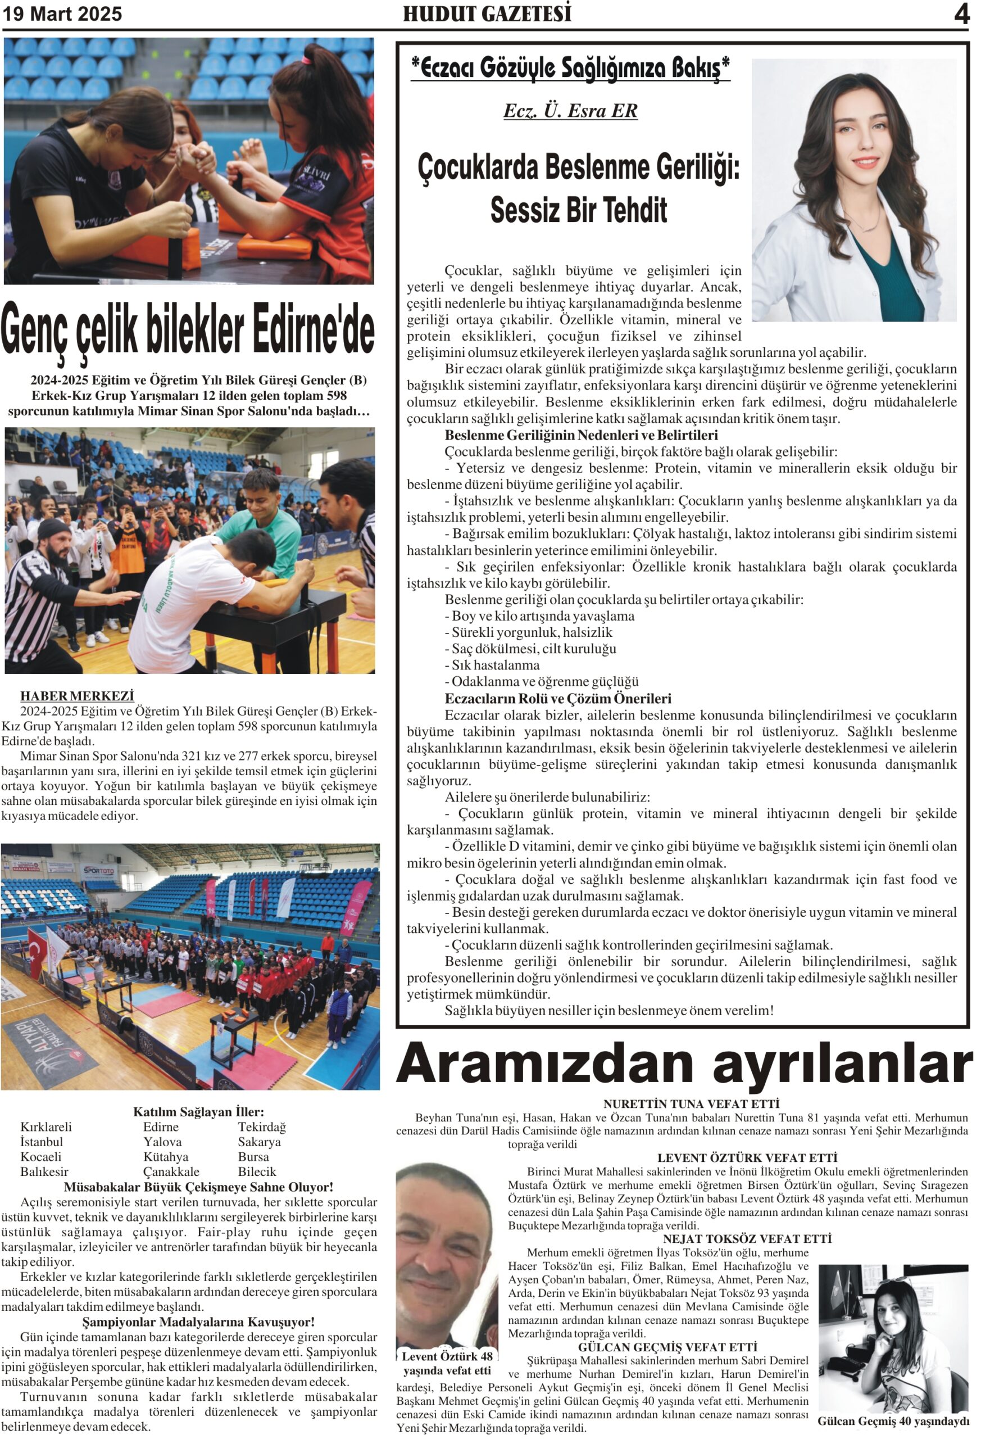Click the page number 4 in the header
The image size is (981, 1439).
click(961, 13)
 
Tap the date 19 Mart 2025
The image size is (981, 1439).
click(62, 13)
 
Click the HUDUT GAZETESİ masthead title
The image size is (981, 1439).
click(487, 13)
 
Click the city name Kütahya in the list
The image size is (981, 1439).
click(166, 1157)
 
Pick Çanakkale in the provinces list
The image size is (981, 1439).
click(171, 1171)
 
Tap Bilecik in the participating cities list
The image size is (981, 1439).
click(257, 1171)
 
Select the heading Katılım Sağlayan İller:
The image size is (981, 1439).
click(198, 1111)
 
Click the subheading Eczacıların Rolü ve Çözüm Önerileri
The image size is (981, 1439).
click(558, 699)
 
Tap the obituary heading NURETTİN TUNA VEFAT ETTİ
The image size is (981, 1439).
click(691, 1103)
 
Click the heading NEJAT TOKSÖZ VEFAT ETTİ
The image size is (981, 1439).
click(747, 1238)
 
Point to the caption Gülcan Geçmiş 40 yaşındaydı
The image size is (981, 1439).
click(893, 1421)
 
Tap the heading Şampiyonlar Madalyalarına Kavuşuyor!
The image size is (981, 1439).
click(198, 1322)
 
